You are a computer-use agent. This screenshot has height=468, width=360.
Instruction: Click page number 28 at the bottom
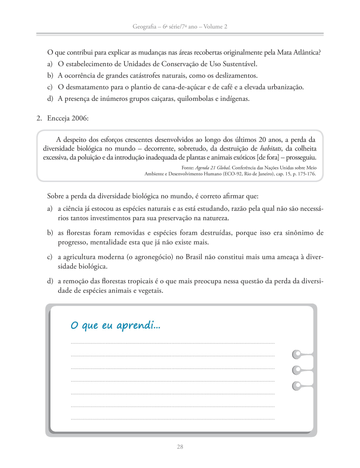(180, 447)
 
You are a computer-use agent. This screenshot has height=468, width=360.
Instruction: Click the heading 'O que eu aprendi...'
(115, 325)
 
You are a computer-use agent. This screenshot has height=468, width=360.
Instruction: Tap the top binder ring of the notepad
(297, 354)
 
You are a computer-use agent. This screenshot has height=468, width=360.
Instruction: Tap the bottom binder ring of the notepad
(297, 385)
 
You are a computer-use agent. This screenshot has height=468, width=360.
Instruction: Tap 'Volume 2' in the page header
(215, 27)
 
